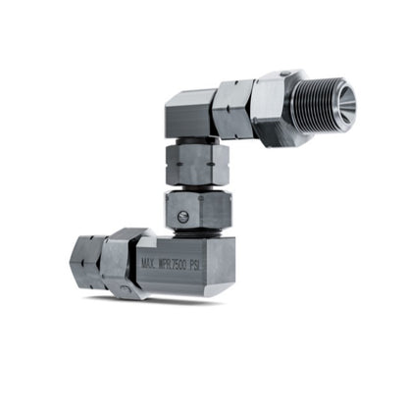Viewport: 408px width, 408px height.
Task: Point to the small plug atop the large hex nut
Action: coord(283,75)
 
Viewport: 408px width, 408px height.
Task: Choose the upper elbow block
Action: coord(188,116)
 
